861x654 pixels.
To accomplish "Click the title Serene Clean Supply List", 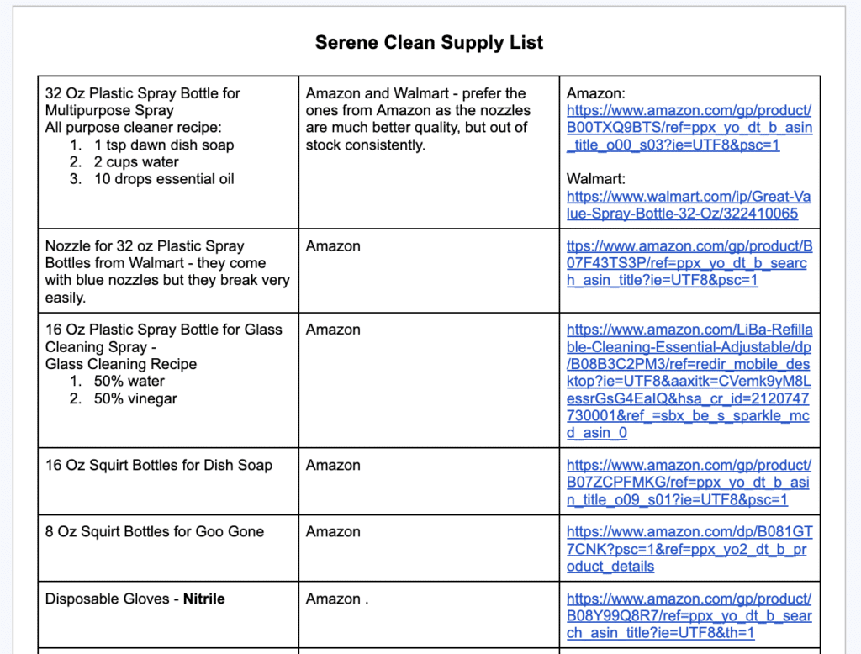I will [429, 42].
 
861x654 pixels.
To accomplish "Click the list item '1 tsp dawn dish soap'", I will [164, 145].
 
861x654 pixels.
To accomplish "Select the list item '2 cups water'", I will [136, 161].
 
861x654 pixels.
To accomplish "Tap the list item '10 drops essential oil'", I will [164, 178].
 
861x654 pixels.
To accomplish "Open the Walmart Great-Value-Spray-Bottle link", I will [689, 205].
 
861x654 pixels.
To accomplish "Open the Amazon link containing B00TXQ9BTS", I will [689, 128].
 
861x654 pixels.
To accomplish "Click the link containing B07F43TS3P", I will [689, 263].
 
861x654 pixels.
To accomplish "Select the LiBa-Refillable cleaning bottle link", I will [689, 381].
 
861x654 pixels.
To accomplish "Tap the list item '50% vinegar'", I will [135, 398].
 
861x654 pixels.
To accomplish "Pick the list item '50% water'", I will [129, 381].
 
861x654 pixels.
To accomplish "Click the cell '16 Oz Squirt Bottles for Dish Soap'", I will [159, 465].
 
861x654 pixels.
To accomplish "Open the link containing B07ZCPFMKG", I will [689, 482].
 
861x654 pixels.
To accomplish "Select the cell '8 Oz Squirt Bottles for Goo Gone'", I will [155, 531].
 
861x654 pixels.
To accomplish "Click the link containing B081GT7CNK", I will [689, 548].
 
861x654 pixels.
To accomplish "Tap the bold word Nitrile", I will [204, 599].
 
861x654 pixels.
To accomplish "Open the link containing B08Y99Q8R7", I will [689, 615].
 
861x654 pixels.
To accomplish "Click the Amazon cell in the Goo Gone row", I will [333, 531].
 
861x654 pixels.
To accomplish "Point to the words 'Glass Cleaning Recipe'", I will [121, 364].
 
